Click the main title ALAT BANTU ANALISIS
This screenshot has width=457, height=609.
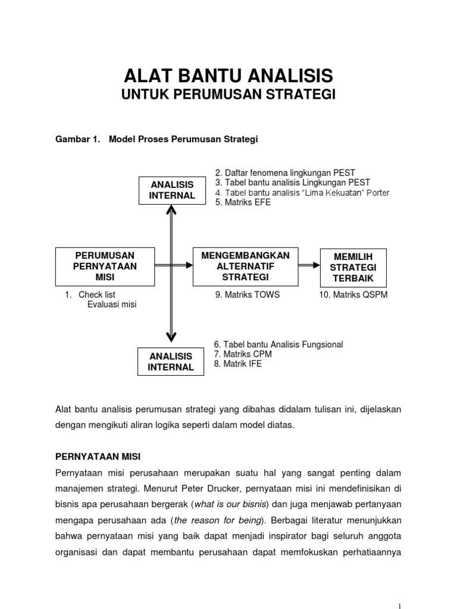tap(228, 77)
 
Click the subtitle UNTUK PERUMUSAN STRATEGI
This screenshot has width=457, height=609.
tap(228, 95)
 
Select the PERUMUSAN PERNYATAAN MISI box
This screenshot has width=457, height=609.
tap(105, 266)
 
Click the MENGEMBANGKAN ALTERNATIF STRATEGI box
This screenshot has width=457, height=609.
tap(245, 266)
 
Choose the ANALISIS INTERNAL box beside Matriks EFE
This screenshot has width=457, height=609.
tap(172, 190)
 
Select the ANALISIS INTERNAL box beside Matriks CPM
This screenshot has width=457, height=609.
tap(171, 362)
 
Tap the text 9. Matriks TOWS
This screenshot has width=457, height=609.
tap(247, 294)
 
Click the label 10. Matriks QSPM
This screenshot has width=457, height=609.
tap(353, 294)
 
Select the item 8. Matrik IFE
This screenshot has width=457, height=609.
tap(237, 363)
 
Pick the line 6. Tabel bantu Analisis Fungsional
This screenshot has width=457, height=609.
tap(278, 344)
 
